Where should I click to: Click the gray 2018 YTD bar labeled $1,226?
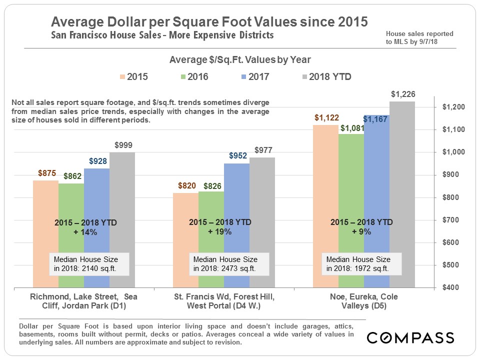(402, 195)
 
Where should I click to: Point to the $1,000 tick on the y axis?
(452, 152)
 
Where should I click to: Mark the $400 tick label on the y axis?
(452, 288)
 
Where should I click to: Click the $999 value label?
(122, 145)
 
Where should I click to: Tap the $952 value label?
(237, 156)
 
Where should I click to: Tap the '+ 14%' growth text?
(85, 232)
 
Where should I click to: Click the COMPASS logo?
(410, 337)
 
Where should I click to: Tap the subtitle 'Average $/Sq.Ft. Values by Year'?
(240, 60)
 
